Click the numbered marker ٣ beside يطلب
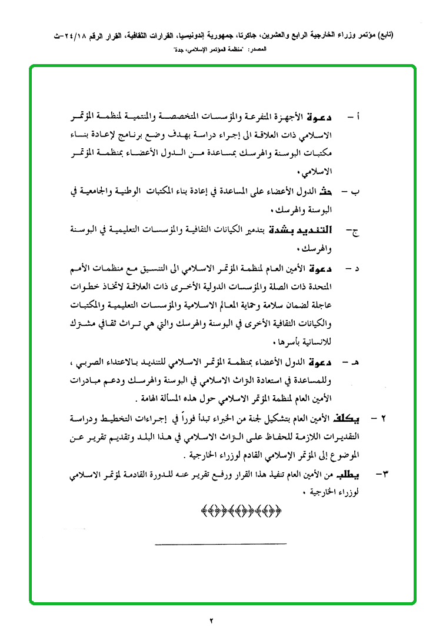click(x=372, y=474)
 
